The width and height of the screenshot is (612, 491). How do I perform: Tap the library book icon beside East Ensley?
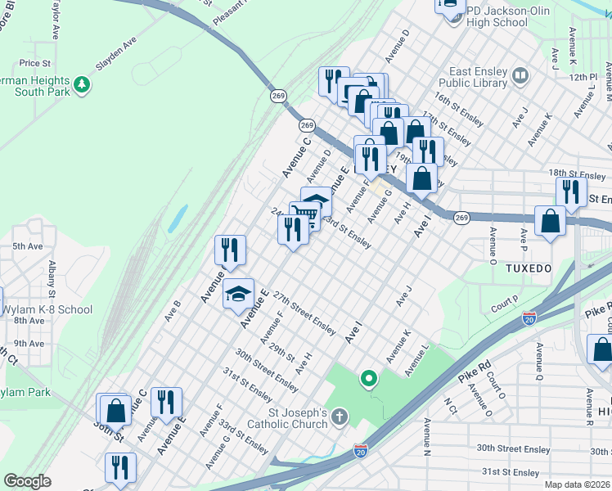520,77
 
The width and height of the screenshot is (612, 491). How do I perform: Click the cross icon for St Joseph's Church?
340,417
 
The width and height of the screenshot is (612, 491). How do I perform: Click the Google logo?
27,481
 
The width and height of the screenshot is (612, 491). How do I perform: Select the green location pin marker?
369,378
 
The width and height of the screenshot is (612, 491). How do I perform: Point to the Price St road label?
35,63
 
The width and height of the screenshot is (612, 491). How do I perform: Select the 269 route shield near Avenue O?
461,218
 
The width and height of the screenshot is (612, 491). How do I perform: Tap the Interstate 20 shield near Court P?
529,318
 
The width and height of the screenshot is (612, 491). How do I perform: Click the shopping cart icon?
304,214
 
